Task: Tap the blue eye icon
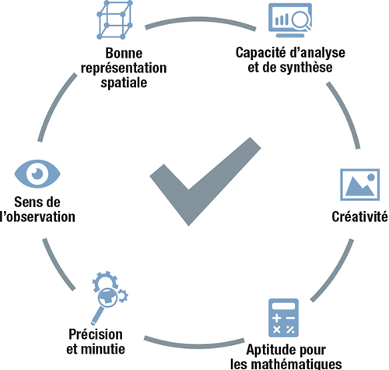point(37,174)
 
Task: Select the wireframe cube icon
point(114,19)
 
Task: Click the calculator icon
point(283,318)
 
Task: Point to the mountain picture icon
point(360,185)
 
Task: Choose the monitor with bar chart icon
point(290,20)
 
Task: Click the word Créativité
point(360,217)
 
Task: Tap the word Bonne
point(124,53)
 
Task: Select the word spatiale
point(124,83)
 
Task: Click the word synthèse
point(307,67)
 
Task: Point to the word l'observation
point(38,217)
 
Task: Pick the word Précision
point(96,334)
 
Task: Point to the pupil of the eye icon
point(37,173)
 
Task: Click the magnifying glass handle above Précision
point(96,315)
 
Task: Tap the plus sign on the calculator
point(277,318)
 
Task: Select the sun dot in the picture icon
point(371,177)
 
